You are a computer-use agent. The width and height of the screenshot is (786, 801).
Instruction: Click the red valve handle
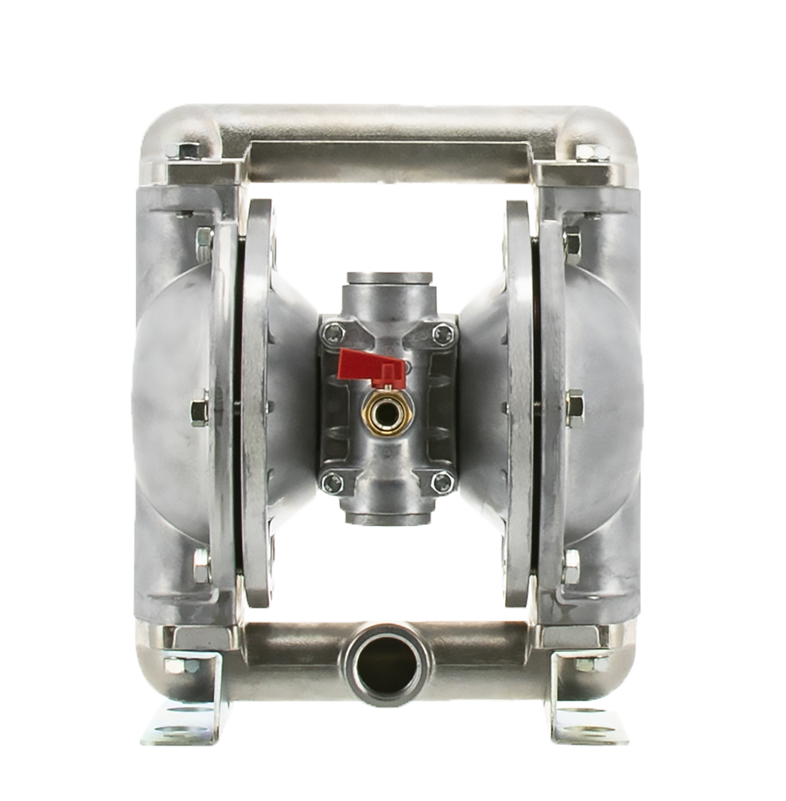pos(368,366)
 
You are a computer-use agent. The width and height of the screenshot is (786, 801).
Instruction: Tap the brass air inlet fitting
pos(388,411)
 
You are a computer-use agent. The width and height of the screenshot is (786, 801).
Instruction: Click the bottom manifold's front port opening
pos(387,664)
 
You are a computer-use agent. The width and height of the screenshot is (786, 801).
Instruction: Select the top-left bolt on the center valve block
pos(333,333)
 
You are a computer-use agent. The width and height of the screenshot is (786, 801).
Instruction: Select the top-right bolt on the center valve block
pos(443,333)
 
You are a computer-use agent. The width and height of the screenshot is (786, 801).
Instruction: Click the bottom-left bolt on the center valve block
pos(333,482)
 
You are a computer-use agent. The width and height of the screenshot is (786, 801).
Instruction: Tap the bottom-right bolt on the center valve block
pos(442,482)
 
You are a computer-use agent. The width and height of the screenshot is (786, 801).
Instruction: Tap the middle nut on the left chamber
pos(200,410)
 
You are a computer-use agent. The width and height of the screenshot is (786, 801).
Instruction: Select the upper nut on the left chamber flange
pos(204,239)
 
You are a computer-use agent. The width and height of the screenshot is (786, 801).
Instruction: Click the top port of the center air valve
pos(388,280)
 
